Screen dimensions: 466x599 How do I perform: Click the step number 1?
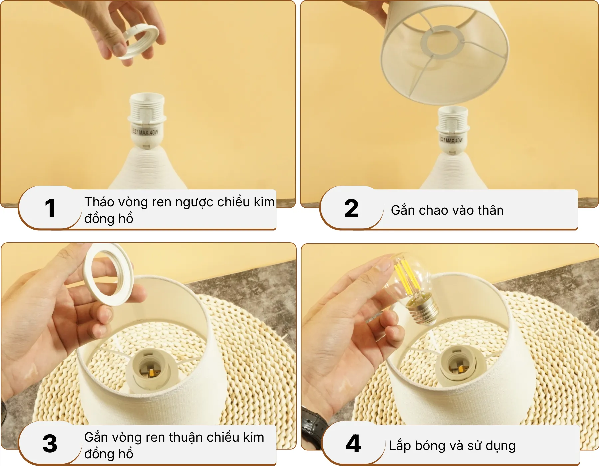(50, 209)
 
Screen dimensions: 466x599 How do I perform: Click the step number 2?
(351, 209)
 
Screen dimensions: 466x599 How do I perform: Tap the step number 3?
(50, 444)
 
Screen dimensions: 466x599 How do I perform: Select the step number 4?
(353, 444)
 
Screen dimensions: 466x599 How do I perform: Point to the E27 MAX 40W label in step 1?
(145, 132)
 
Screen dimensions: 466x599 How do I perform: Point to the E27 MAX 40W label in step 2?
(451, 140)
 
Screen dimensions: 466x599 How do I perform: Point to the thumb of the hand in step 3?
(103, 315)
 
